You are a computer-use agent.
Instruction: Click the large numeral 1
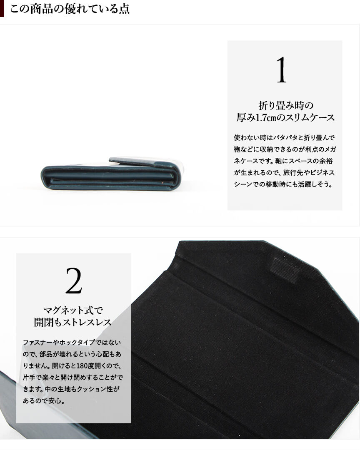point(281,70)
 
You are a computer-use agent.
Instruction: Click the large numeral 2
point(74,281)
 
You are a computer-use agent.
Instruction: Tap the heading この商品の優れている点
point(70,9)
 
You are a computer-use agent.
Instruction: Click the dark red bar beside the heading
point(2,8)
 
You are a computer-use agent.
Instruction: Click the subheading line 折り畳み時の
point(285,106)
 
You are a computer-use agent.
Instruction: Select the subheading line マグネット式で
point(73,310)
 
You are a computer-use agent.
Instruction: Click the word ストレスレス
point(87,322)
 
